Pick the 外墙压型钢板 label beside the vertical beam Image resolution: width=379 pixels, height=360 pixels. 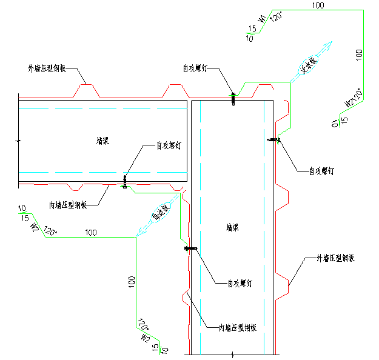(x=335, y=258)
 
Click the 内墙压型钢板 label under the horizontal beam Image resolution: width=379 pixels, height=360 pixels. (x=69, y=205)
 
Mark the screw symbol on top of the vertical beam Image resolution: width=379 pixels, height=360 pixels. (x=233, y=99)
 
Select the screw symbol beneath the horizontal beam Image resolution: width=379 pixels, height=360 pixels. (x=125, y=182)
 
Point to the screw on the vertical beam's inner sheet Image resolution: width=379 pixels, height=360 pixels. (x=189, y=248)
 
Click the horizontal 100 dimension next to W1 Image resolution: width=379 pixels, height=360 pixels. (x=317, y=5)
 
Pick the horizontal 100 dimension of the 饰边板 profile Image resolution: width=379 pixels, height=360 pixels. (x=91, y=232)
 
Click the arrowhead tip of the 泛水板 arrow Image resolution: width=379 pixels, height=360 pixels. (x=331, y=42)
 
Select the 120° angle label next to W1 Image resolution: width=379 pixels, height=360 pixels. (x=275, y=16)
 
